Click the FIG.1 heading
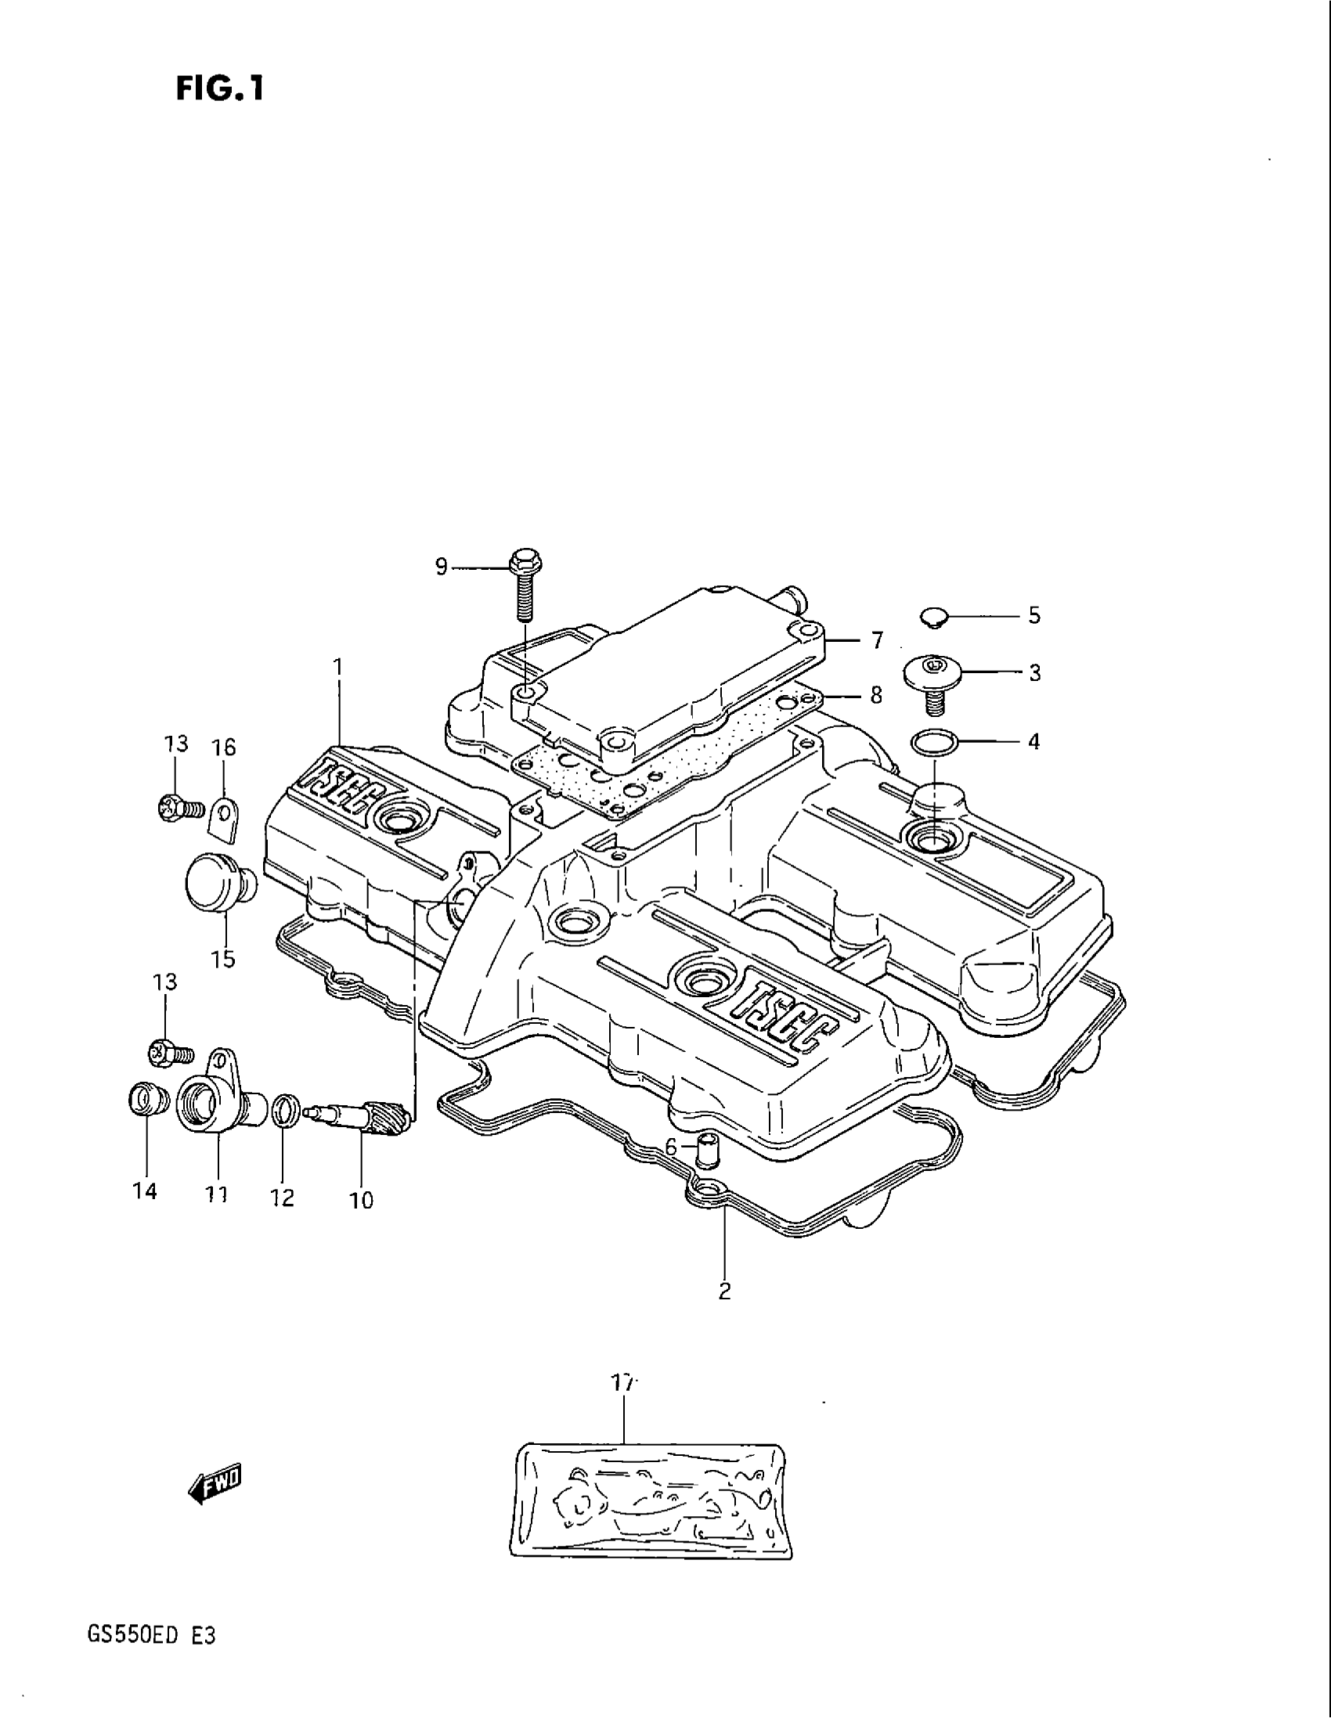[x=219, y=89]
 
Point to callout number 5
[x=1033, y=615]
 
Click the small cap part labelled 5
[x=936, y=617]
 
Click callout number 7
[x=877, y=640]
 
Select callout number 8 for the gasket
[x=875, y=695]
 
